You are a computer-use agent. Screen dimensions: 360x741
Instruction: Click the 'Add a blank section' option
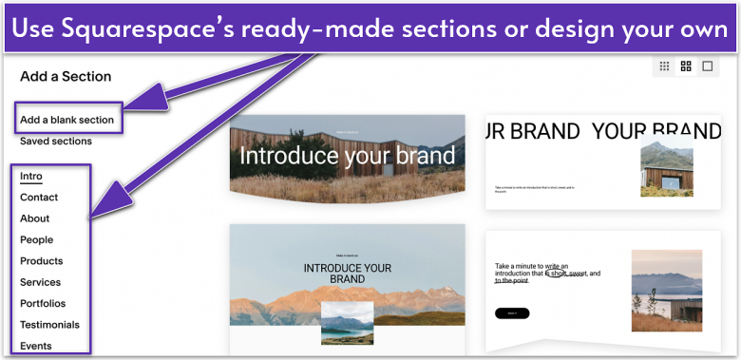pos(66,120)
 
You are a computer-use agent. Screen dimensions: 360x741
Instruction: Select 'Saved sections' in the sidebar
pos(56,142)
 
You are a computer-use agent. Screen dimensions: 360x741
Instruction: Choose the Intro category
pos(31,176)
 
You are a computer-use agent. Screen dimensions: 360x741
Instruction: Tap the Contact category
pos(39,198)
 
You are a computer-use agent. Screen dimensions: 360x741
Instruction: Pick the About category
pos(35,218)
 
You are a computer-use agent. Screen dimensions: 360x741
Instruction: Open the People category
pos(36,240)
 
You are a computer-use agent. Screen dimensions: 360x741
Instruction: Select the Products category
pos(42,261)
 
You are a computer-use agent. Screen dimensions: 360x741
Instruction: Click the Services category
pos(40,282)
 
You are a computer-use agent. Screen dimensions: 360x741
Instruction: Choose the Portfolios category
pos(43,303)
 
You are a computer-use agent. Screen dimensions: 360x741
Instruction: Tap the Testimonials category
pos(49,325)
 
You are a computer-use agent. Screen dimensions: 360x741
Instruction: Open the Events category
pos(36,346)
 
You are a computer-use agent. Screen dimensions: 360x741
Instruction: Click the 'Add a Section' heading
pos(66,76)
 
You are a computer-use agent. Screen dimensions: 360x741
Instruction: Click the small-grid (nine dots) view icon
pos(664,66)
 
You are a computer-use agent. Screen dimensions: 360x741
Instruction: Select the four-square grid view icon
pos(686,66)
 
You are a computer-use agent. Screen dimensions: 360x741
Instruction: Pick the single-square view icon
pos(707,66)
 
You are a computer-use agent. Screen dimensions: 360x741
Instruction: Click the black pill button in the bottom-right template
pos(512,313)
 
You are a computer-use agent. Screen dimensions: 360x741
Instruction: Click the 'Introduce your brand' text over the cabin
pos(347,156)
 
